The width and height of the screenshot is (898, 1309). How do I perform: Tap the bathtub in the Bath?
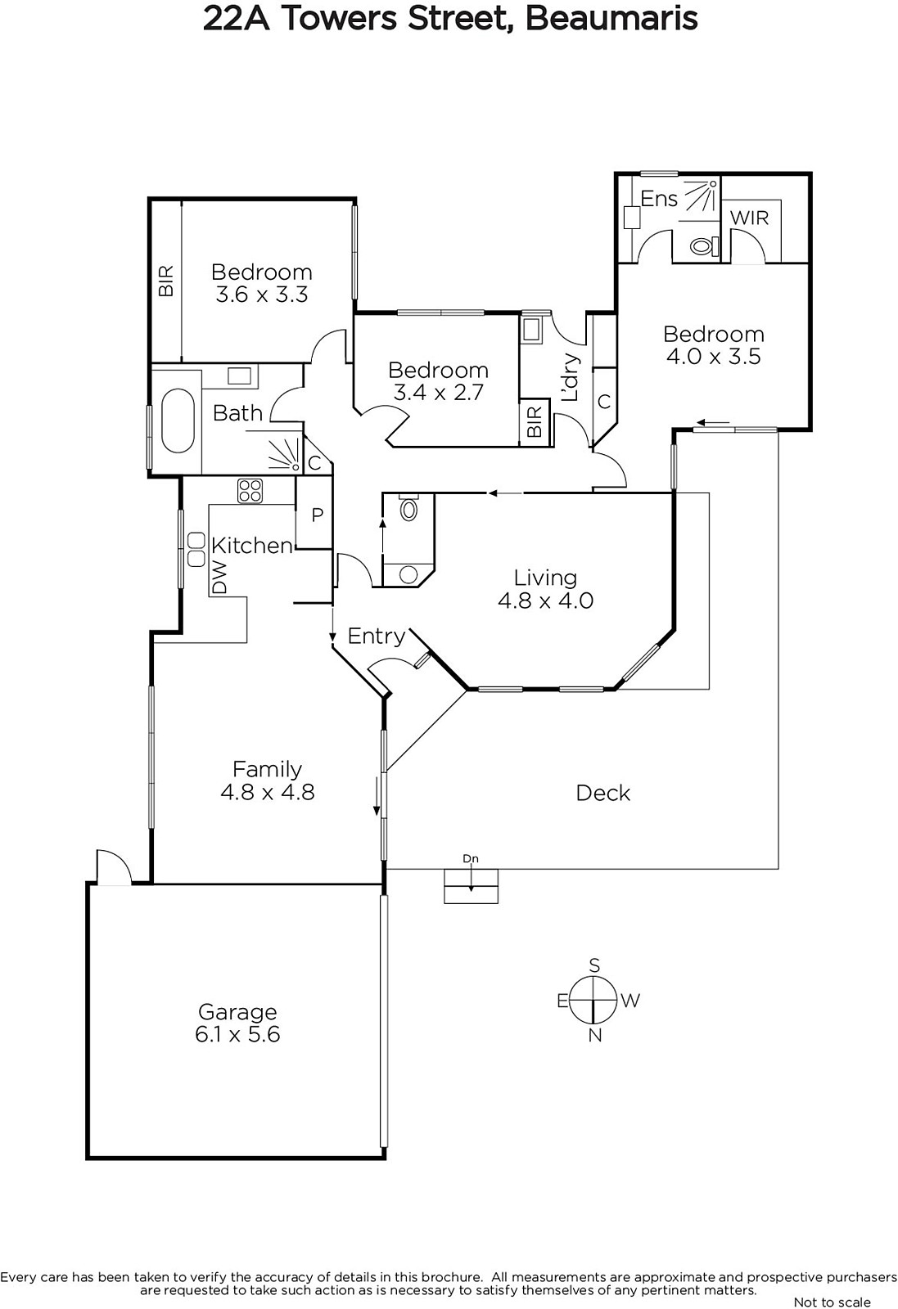(177, 421)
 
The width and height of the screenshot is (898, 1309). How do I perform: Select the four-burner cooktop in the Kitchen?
(250, 491)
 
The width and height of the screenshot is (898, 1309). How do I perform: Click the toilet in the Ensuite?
(702, 246)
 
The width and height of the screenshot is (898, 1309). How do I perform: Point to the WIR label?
(750, 218)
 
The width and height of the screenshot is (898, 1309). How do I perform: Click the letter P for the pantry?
(317, 515)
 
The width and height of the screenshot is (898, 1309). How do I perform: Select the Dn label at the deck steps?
(471, 858)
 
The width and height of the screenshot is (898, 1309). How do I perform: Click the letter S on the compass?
(594, 965)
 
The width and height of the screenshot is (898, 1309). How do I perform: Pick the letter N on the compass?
(594, 1036)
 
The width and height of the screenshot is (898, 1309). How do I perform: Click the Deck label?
(603, 793)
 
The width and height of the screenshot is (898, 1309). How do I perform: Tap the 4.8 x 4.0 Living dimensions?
(545, 601)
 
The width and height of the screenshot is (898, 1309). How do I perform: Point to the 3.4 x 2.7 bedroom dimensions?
(439, 392)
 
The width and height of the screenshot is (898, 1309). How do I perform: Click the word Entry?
(377, 636)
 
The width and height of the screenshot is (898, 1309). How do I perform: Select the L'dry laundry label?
(570, 377)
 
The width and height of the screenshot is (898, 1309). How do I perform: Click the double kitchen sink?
(196, 549)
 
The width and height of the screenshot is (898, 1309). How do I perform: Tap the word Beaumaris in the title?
(611, 19)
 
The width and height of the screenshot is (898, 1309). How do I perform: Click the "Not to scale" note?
(832, 1302)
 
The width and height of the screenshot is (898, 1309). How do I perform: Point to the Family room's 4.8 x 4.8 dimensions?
(268, 792)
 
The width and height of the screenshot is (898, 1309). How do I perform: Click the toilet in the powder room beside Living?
(408, 509)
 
